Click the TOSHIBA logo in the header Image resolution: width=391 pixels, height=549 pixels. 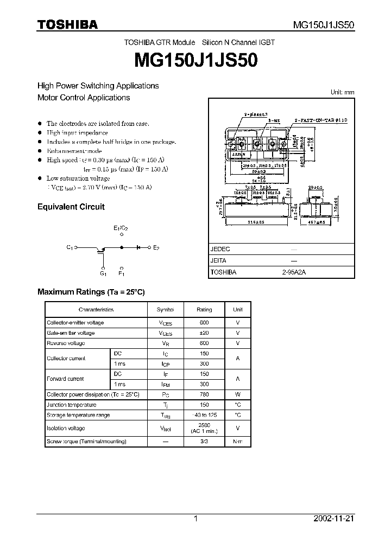click(x=67, y=24)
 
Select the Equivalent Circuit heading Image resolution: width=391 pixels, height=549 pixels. click(x=71, y=207)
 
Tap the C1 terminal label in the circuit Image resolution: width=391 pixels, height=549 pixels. click(x=70, y=247)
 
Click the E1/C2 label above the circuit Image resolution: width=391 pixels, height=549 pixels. click(x=121, y=228)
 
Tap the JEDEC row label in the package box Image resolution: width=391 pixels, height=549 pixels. click(x=220, y=249)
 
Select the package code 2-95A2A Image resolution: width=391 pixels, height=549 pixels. click(x=294, y=272)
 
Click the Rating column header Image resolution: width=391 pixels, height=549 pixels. click(x=204, y=310)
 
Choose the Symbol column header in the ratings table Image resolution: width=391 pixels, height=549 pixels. click(x=165, y=310)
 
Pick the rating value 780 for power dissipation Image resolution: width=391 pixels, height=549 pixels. click(x=204, y=394)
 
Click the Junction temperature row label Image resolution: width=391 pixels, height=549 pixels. click(x=72, y=405)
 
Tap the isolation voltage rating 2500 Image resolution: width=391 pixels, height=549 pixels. click(x=204, y=425)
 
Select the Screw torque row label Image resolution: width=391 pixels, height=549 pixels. click(x=87, y=442)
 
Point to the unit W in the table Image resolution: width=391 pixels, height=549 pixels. click(x=238, y=394)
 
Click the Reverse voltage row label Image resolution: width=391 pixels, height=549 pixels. click(x=66, y=343)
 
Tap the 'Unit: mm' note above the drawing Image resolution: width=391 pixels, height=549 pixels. click(x=342, y=92)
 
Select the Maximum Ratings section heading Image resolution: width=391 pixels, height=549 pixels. click(x=91, y=292)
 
